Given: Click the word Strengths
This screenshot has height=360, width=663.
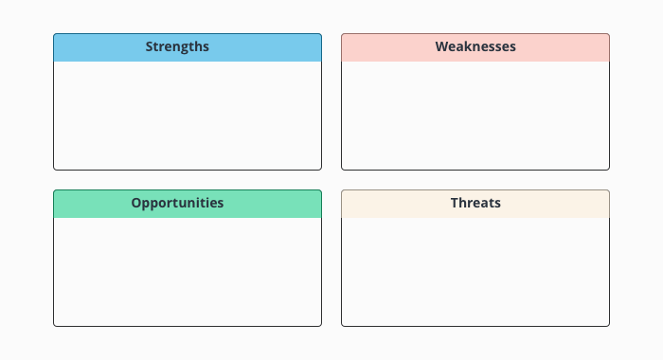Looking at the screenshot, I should (178, 46).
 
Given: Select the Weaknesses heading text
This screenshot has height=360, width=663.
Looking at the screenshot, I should (475, 46).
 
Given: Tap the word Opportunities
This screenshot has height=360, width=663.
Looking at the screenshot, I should (178, 203).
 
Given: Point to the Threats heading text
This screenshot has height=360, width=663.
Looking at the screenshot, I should (475, 203).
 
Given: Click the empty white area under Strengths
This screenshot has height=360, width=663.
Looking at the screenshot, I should (188, 115).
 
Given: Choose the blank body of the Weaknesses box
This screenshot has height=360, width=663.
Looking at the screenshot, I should (475, 115).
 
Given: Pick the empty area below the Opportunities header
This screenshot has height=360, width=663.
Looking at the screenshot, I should (188, 271).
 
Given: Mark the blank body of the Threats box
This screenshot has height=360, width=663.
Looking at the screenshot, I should (475, 271).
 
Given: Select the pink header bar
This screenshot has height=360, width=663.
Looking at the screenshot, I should (379, 47).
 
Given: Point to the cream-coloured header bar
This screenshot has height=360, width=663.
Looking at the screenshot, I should (379, 204).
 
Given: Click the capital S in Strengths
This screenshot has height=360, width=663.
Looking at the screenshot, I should (151, 46).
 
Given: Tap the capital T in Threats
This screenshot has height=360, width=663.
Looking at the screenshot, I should (455, 203).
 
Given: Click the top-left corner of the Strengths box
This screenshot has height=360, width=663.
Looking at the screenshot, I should (54, 35).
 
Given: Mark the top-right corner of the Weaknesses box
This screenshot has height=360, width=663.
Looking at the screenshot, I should (608, 35).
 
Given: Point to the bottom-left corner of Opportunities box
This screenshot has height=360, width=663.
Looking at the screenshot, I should (54, 325).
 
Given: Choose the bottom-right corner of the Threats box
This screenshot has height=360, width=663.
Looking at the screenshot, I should (608, 325).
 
